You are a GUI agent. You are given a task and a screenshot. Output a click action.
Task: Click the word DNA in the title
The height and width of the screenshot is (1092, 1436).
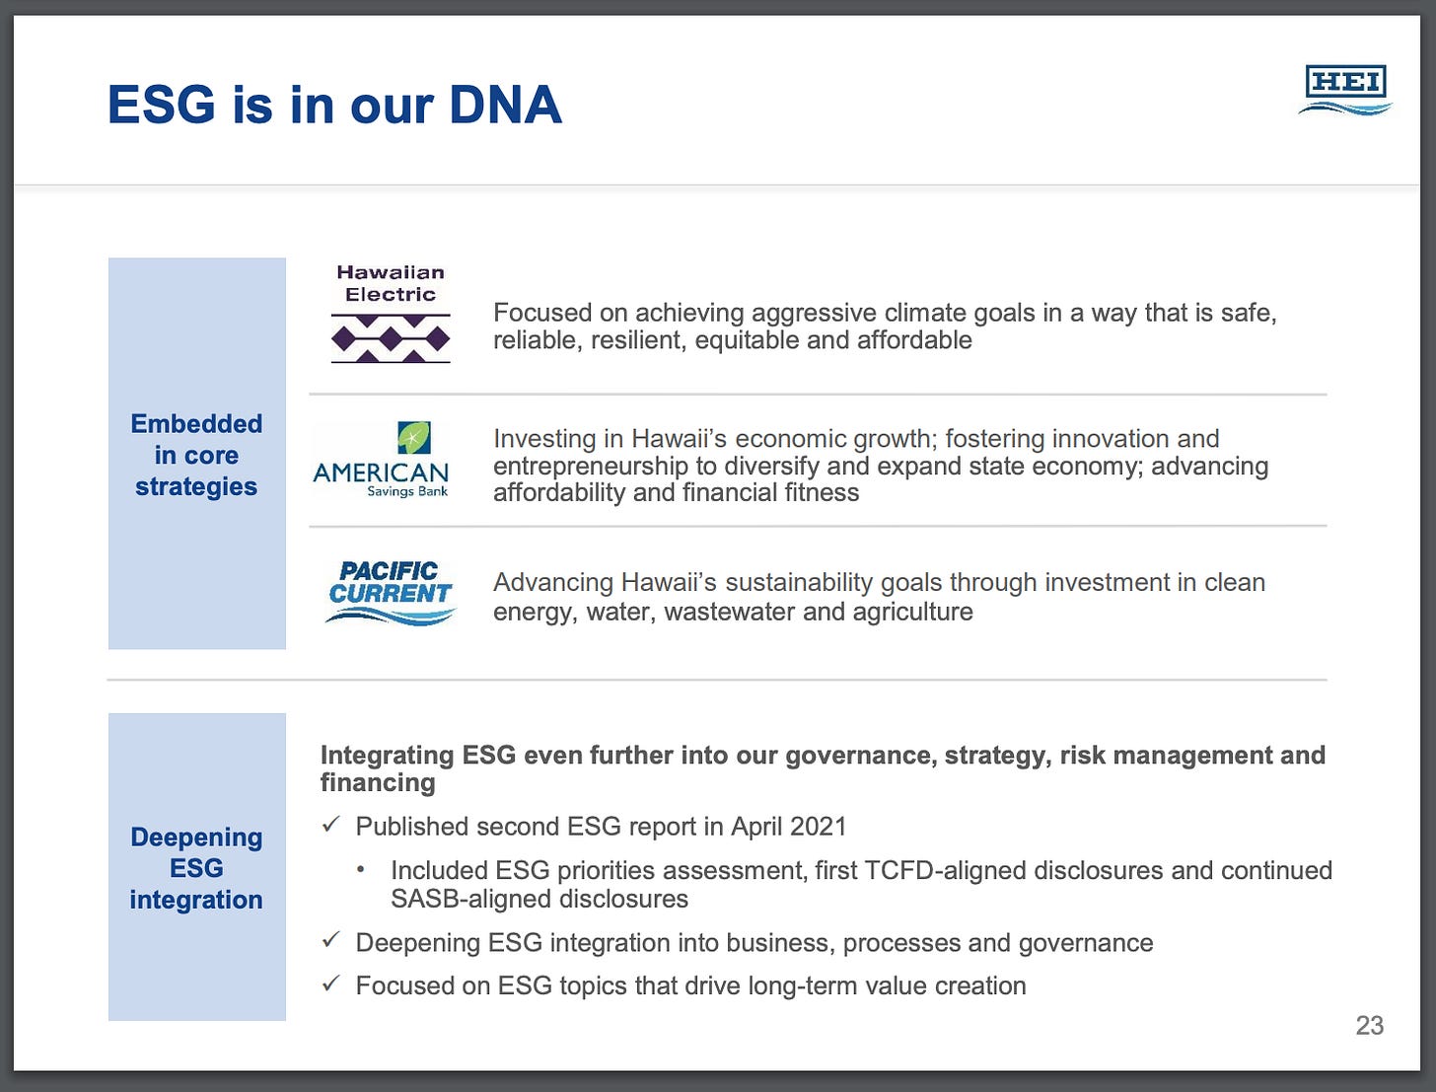505,105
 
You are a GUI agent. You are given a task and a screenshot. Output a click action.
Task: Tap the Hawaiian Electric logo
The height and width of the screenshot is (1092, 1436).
391,314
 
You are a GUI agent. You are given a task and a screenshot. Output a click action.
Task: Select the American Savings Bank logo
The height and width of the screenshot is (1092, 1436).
382,460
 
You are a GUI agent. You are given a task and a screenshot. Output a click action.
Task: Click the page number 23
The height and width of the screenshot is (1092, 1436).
1369,1025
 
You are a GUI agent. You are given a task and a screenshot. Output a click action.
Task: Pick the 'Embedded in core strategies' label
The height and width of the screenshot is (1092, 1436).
196,455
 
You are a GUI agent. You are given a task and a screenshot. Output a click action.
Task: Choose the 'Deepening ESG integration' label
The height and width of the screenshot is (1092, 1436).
196,868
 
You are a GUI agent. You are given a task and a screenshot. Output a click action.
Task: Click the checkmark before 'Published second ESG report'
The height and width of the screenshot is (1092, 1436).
331,825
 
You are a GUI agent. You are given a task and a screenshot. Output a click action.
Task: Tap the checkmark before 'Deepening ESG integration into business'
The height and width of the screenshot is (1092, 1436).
331,941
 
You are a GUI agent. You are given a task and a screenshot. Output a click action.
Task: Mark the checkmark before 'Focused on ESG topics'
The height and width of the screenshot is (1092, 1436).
331,983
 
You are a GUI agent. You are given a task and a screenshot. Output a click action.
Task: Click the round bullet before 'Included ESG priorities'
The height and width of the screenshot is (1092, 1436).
360,870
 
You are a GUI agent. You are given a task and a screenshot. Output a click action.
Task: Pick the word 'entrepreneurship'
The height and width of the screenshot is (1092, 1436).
590,467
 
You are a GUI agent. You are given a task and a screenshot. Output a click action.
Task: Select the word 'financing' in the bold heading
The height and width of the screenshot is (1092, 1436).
378,783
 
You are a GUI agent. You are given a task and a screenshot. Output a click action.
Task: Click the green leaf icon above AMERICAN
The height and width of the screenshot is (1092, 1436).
414,437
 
